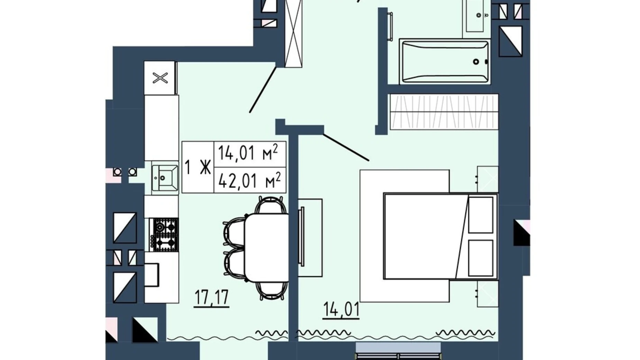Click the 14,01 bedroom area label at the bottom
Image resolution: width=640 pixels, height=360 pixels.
341,309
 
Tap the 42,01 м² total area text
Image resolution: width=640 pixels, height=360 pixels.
249,180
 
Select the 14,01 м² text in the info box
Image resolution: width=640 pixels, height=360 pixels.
248,153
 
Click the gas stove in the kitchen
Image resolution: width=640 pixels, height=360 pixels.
164,234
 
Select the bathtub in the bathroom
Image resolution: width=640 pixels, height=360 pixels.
445,62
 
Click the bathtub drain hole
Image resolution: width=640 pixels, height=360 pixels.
476,62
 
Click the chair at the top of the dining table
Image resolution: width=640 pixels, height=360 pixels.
271,205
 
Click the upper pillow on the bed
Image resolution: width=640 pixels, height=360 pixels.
481,215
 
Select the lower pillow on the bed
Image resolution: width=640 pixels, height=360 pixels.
481,258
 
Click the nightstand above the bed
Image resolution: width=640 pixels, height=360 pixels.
487,179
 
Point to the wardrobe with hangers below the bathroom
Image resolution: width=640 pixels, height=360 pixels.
444,112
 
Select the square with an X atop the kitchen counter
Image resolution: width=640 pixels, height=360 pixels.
160,78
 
